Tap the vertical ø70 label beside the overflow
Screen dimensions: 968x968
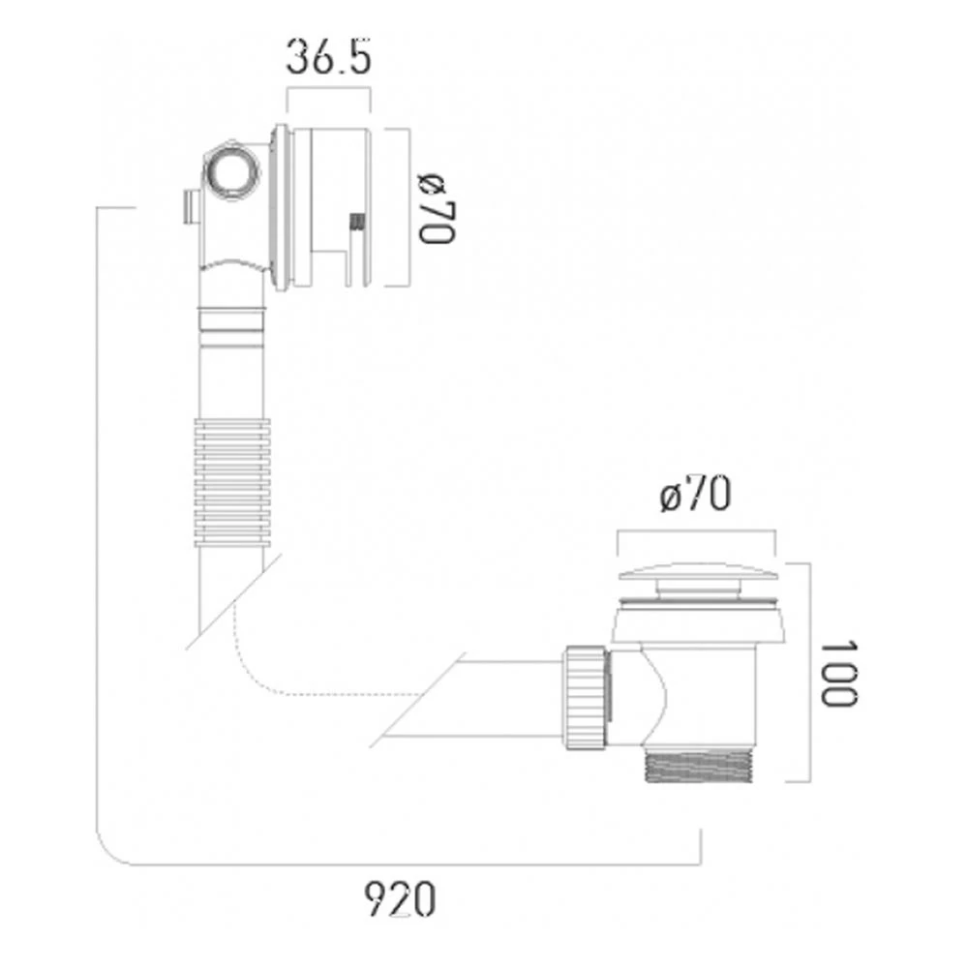click(x=435, y=207)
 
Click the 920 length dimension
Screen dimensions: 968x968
click(x=401, y=900)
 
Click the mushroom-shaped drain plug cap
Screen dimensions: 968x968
click(x=695, y=578)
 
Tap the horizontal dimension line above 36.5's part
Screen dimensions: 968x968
click(x=329, y=89)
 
